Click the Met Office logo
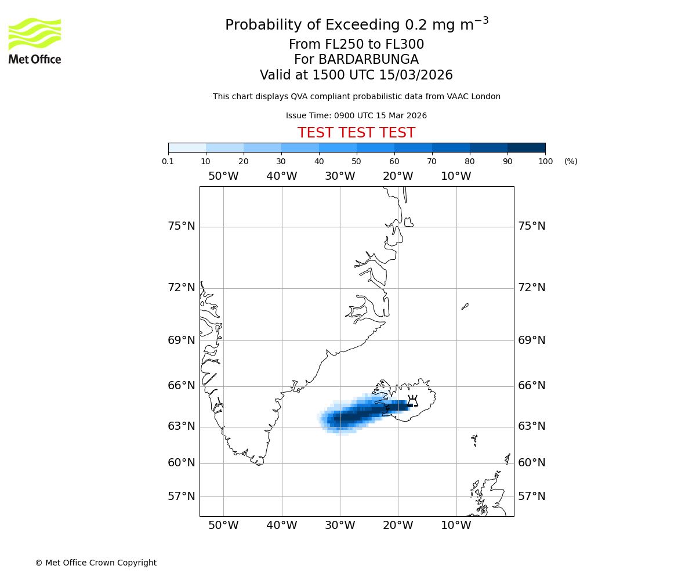35,41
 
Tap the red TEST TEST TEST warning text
356,133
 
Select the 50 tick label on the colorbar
356,161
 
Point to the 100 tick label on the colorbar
545,161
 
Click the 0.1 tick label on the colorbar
168,161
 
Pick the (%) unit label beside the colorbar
571,161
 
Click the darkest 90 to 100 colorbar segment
526,147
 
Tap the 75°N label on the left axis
182,226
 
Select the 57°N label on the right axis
531,496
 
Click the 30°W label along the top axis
340,176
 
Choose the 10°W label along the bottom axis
456,525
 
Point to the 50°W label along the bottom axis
223,525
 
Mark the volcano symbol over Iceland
412,401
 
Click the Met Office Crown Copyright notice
96,563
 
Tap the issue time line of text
356,115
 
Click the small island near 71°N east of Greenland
465,306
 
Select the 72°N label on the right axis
531,288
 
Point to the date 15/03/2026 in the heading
416,75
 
